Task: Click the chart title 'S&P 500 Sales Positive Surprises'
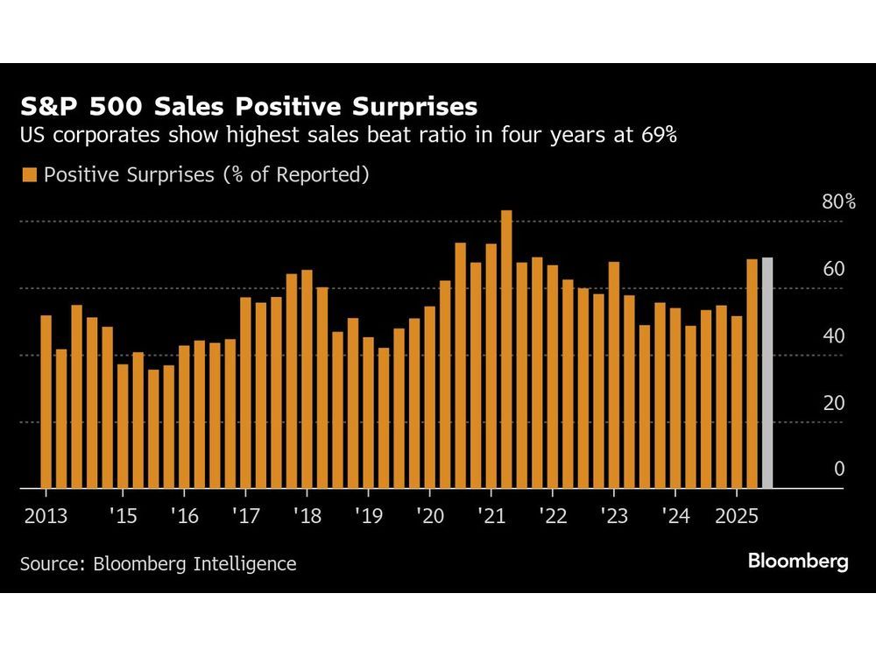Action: coord(249,107)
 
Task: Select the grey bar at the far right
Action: coord(767,372)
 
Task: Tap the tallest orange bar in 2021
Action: coord(506,349)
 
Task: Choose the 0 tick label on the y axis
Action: coord(839,470)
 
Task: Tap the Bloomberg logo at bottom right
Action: coord(798,562)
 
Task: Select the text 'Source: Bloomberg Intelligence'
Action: coord(159,563)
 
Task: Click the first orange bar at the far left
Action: coord(46,401)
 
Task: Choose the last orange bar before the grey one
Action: coord(752,373)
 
